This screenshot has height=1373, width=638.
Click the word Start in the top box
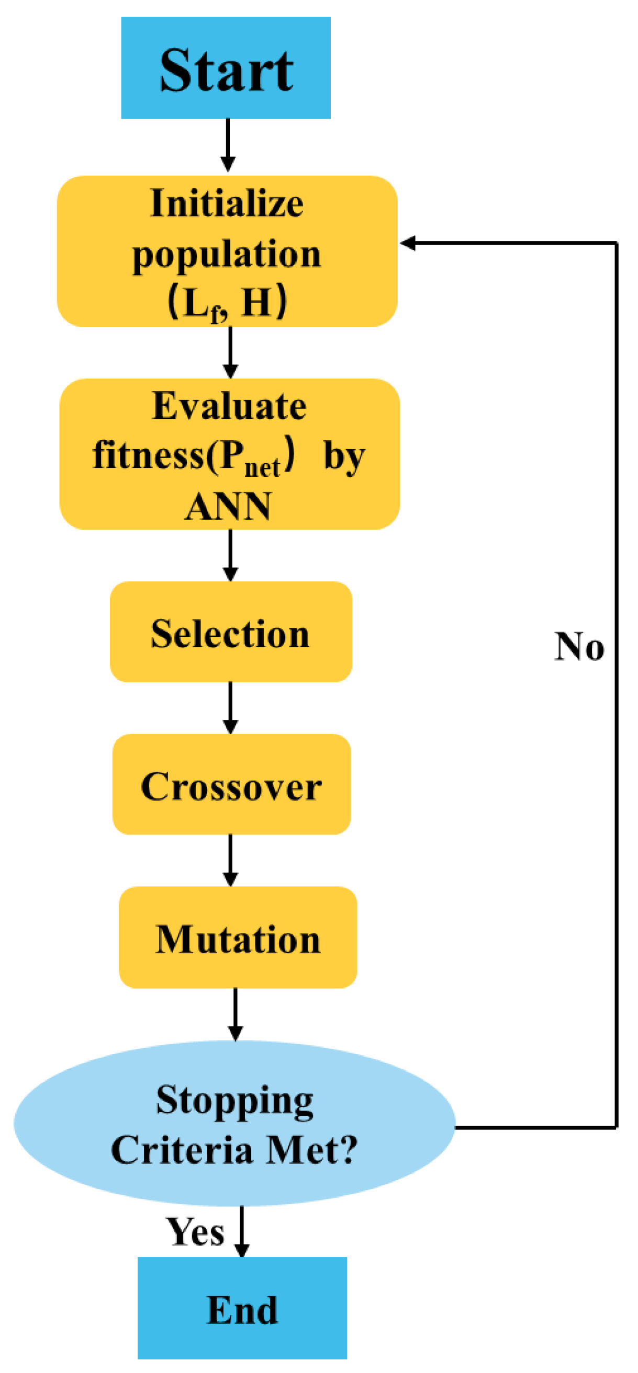(x=226, y=71)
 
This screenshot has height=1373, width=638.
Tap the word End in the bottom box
(x=242, y=1310)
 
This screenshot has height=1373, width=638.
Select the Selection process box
(x=230, y=633)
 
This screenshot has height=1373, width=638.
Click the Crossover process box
(x=231, y=785)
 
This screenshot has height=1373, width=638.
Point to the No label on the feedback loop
(x=579, y=647)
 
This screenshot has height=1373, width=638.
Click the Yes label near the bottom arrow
(x=195, y=1232)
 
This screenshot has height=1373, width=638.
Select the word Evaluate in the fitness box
(x=229, y=406)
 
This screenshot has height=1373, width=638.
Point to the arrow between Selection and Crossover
(x=230, y=708)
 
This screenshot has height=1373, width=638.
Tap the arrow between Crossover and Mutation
(x=230, y=860)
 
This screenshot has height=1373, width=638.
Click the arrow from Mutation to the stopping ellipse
(x=235, y=1014)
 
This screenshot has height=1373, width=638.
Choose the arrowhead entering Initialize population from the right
(x=408, y=244)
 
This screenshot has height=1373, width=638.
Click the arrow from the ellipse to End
(x=242, y=1231)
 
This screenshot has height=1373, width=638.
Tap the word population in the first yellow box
(x=227, y=254)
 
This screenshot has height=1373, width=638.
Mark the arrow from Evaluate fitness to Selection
(x=230, y=555)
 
